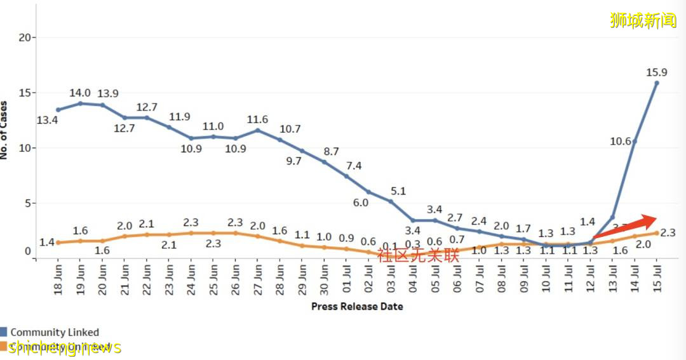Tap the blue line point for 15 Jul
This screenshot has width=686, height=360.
pyautogui.click(x=657, y=83)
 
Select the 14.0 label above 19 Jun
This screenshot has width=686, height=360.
pyautogui.click(x=80, y=93)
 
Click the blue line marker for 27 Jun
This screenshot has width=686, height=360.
pyautogui.click(x=257, y=130)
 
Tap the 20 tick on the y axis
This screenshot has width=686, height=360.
pyautogui.click(x=24, y=37)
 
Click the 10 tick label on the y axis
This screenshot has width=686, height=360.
pyautogui.click(x=24, y=148)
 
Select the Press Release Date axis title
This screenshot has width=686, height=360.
pyautogui.click(x=357, y=307)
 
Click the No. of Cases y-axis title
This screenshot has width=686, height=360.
pyautogui.click(x=5, y=130)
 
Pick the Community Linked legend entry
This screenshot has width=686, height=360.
pyautogui.click(x=55, y=332)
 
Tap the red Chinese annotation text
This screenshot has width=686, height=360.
pyautogui.click(x=418, y=256)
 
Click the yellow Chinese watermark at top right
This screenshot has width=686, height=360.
pyautogui.click(x=643, y=20)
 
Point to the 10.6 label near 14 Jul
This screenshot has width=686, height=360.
pyautogui.click(x=621, y=141)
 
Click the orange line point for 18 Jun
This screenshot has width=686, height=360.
pyautogui.click(x=58, y=243)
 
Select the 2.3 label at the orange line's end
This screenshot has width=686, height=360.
pyautogui.click(x=667, y=233)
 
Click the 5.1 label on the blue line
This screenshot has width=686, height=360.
pyautogui.click(x=398, y=190)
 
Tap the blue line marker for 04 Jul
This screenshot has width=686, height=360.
pyautogui.click(x=413, y=220)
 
